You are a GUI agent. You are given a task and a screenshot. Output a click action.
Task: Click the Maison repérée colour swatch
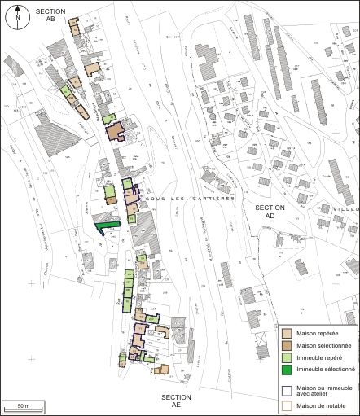[287, 333]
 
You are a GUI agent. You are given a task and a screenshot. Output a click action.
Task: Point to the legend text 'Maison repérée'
[318, 334]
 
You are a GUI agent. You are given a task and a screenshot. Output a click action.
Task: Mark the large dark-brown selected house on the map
[113, 132]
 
